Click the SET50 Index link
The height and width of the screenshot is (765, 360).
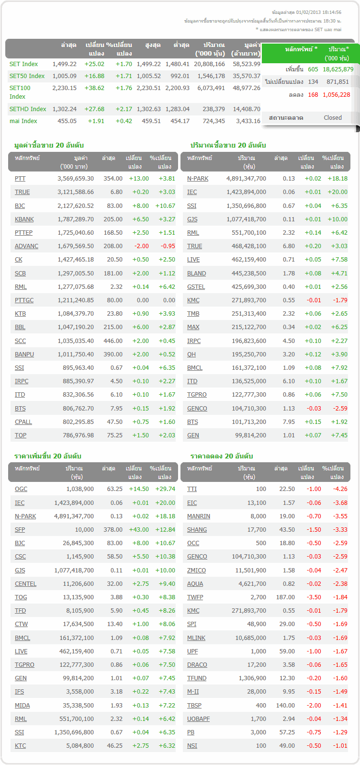pyautogui.click(x=27, y=76)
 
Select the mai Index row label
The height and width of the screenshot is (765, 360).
pyautogui.click(x=23, y=121)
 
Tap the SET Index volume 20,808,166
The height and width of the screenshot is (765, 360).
pyautogui.click(x=210, y=64)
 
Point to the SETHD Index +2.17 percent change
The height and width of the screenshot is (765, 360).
pyautogui.click(x=124, y=109)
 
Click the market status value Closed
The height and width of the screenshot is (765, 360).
pyautogui.click(x=332, y=117)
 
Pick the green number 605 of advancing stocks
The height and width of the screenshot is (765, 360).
pyautogui.click(x=313, y=69)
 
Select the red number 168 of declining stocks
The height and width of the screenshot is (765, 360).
pyautogui.click(x=313, y=94)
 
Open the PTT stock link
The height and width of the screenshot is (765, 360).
pyautogui.click(x=20, y=178)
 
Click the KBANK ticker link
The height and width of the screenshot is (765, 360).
pyautogui.click(x=24, y=219)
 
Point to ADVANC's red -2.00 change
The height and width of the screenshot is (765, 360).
pyautogui.click(x=142, y=246)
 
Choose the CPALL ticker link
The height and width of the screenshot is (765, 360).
pyautogui.click(x=23, y=422)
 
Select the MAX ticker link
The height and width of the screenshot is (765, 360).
pyautogui.click(x=193, y=327)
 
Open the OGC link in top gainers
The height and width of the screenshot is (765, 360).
pyautogui.click(x=21, y=489)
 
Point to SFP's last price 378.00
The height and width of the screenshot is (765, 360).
pyautogui.click(x=113, y=529)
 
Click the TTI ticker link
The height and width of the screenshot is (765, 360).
pyautogui.click(x=192, y=489)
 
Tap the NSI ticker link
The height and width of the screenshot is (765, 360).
pyautogui.click(x=192, y=745)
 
